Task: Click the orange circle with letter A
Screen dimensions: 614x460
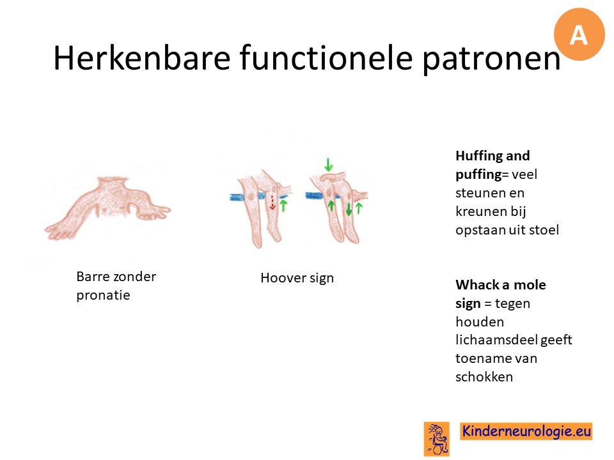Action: [x=579, y=34]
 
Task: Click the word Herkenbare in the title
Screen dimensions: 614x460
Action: [x=142, y=58]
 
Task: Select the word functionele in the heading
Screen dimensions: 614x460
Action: [x=326, y=58]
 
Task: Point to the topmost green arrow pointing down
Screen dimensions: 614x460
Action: [x=329, y=164]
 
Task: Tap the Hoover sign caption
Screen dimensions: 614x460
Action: [x=297, y=278]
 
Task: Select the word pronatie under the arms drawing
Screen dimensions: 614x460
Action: [x=103, y=295]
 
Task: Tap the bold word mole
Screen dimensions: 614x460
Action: [x=530, y=285]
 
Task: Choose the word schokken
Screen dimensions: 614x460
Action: [x=484, y=377]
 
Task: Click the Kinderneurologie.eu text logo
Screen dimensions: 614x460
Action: [x=526, y=431]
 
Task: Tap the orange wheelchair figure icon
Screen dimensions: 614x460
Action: [x=437, y=439]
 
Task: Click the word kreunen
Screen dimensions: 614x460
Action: [x=481, y=211]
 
